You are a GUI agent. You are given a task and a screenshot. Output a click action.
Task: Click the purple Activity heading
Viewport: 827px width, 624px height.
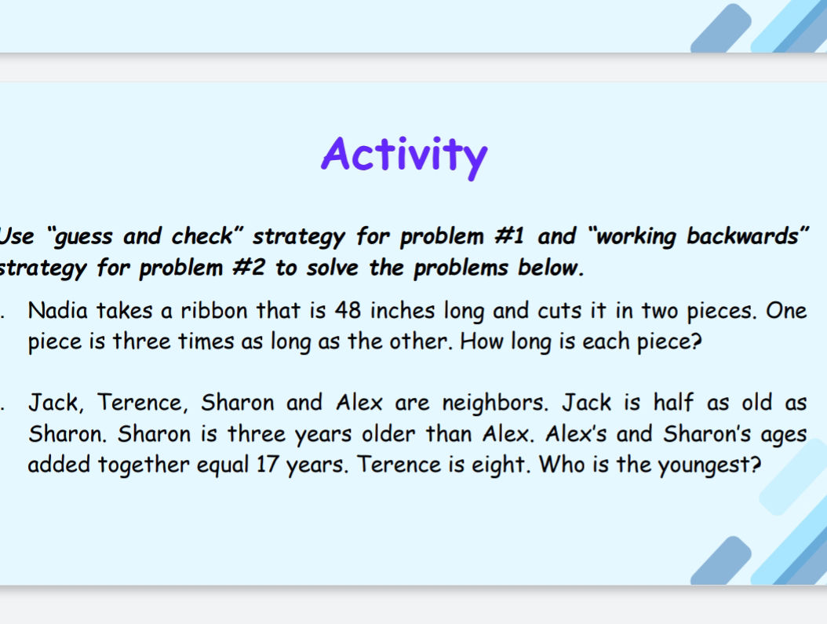click(x=404, y=154)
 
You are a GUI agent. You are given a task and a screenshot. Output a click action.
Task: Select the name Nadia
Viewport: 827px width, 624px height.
click(x=54, y=311)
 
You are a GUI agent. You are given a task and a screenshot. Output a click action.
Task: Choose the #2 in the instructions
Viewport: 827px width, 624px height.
click(x=251, y=268)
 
